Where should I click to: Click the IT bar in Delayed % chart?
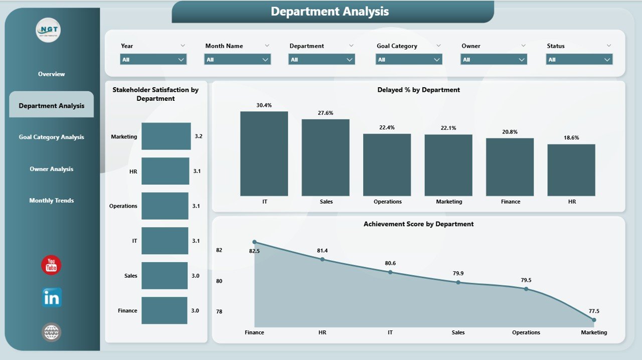tap(264, 153)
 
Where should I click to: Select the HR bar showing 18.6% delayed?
tap(571, 170)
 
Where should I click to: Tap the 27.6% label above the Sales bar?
tap(326, 113)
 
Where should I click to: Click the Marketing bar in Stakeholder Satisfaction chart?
tap(166, 136)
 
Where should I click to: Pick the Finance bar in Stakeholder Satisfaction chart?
tap(164, 310)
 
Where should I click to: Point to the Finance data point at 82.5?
tap(254, 242)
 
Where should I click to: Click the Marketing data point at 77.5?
tap(594, 319)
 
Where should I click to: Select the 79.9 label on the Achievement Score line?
tap(458, 273)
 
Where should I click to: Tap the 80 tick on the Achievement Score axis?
tap(219, 281)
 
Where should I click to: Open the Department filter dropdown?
tap(322, 60)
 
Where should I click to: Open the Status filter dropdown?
tap(579, 60)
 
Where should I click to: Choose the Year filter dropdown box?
tap(153, 60)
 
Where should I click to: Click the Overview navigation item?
tap(51, 74)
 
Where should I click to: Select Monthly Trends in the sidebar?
tap(51, 201)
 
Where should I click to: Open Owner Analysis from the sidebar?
tap(51, 169)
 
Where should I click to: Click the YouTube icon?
tap(51, 265)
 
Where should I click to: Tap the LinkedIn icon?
tap(52, 298)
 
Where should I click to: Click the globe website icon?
tap(52, 331)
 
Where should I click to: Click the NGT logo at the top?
tap(49, 31)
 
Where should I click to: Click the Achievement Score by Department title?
tap(418, 224)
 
